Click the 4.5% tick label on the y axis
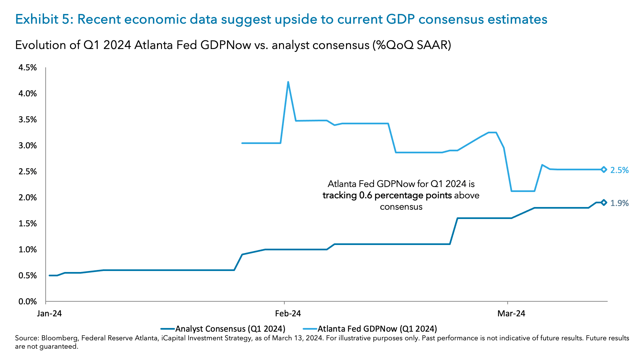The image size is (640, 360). pyautogui.click(x=27, y=68)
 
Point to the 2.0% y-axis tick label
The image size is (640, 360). pyautogui.click(x=27, y=198)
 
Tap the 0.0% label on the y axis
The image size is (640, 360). pyautogui.click(x=27, y=302)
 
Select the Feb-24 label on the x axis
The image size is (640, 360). pyautogui.click(x=288, y=314)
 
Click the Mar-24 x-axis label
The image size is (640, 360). pyautogui.click(x=511, y=314)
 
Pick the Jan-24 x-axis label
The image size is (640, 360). pyautogui.click(x=49, y=314)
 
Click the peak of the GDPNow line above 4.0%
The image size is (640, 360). pyautogui.click(x=288, y=82)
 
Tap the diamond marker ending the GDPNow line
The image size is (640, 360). pyautogui.click(x=604, y=170)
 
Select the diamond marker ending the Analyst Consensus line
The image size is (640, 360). pyautogui.click(x=604, y=202)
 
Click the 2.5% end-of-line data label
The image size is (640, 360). pyautogui.click(x=619, y=170)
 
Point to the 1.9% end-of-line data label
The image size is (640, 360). pyautogui.click(x=619, y=203)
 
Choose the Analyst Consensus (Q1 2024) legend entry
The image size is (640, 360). pyautogui.click(x=230, y=329)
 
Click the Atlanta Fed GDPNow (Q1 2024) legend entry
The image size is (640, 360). pyautogui.click(x=377, y=329)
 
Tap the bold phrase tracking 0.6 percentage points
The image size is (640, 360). pyautogui.click(x=387, y=195)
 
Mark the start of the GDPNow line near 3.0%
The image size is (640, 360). pyautogui.click(x=242, y=143)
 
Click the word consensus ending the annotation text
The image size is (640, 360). pyautogui.click(x=401, y=207)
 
